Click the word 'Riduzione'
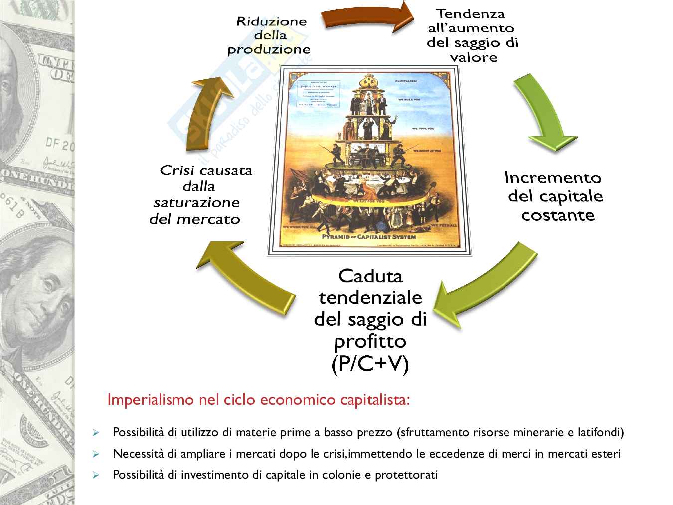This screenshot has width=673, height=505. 271,21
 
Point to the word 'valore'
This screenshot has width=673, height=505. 473,57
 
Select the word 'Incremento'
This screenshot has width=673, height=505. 553,178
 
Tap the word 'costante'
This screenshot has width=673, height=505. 558,215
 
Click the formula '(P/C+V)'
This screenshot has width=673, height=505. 370,364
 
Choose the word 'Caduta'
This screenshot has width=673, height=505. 370,276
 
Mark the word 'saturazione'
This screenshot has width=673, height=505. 196,203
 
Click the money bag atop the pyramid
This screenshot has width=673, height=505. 369,80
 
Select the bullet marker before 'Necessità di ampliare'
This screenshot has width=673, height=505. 96,454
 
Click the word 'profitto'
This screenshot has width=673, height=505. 370,341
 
